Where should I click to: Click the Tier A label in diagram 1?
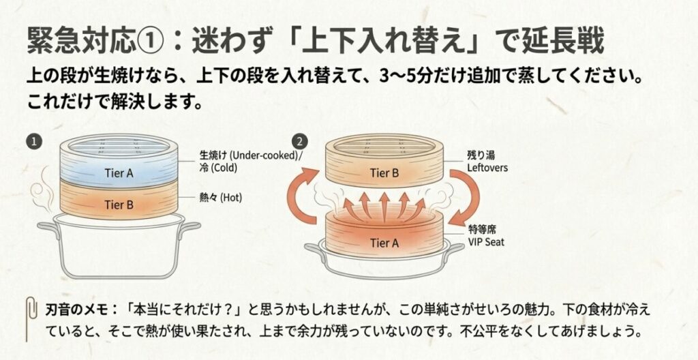point(119,172)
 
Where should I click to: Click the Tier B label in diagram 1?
point(119,203)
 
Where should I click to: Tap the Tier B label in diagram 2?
point(384,173)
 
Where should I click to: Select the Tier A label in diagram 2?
point(384,242)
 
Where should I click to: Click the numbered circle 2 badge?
point(298,141)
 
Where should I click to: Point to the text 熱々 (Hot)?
point(221,198)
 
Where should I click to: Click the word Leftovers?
point(489,167)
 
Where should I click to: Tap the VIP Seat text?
point(486,242)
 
